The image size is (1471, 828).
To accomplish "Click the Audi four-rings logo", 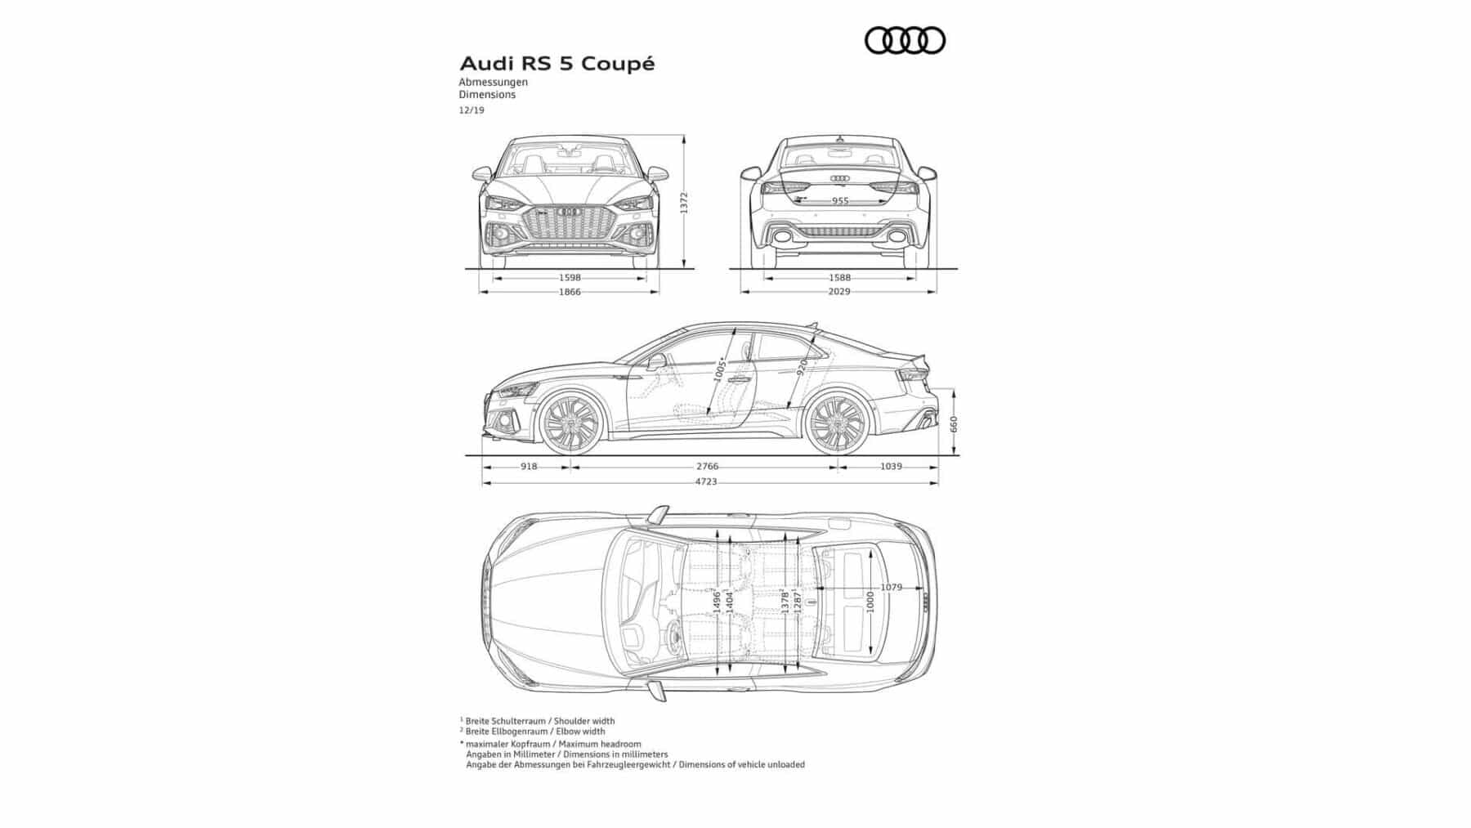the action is [905, 40].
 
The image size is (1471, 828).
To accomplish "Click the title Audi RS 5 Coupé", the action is [557, 64].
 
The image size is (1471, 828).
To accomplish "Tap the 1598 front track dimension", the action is [570, 278].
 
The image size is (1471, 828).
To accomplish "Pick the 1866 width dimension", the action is [570, 292].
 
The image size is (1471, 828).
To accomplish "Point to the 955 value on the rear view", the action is [840, 201].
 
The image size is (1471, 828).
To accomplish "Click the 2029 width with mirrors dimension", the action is [839, 292].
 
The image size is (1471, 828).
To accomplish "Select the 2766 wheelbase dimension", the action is [707, 467].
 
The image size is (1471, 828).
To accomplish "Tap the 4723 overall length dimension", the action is [706, 482].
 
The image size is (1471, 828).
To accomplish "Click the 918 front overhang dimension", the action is [529, 467].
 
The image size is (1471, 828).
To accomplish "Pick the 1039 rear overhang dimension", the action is [891, 467].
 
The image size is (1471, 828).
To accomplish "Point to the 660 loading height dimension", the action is [954, 423].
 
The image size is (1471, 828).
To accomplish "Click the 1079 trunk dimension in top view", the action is [891, 588].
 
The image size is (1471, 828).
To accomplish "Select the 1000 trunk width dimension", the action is [870, 602].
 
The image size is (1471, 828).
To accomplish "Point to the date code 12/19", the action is [472, 110].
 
